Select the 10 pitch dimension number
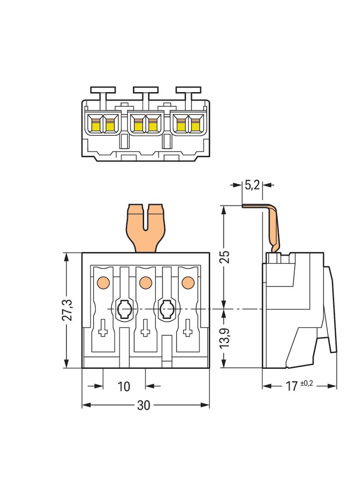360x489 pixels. pyautogui.click(x=124, y=386)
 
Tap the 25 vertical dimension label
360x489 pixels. pyautogui.click(x=224, y=256)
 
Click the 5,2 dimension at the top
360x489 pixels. pyautogui.click(x=252, y=185)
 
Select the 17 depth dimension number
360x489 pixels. pyautogui.click(x=292, y=387)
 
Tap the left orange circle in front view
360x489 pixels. pyautogui.click(x=103, y=283)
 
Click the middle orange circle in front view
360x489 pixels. pyautogui.click(x=145, y=283)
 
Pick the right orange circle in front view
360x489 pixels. pyautogui.click(x=187, y=283)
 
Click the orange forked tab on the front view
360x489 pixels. pyautogui.click(x=146, y=227)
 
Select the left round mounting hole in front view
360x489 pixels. pyautogui.click(x=124, y=310)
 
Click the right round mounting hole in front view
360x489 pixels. pyautogui.click(x=166, y=310)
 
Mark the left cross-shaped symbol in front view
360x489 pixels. pyautogui.click(x=103, y=329)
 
